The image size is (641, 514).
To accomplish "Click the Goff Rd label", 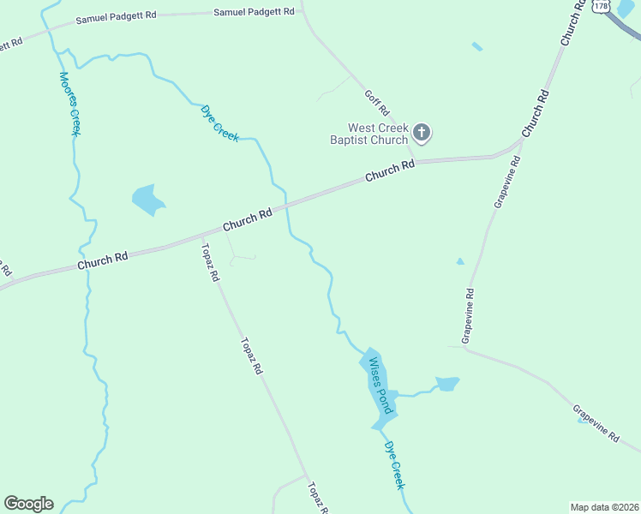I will [x=377, y=104].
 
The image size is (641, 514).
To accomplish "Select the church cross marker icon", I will [x=421, y=133].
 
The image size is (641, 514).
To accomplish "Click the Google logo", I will [x=28, y=504].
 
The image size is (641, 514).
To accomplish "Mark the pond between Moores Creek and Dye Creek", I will [x=147, y=200].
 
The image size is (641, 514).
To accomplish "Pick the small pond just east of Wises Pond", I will [x=447, y=383].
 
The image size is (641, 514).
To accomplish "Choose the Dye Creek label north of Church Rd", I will [x=219, y=122].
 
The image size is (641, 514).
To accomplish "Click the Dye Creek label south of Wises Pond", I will [x=393, y=465].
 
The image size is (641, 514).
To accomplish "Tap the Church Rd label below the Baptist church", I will [x=389, y=170].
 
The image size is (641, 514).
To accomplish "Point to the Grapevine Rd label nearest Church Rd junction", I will [x=507, y=182].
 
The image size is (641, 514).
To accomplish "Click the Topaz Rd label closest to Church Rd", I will [x=210, y=263].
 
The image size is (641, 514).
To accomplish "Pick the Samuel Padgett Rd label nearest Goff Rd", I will [x=254, y=12].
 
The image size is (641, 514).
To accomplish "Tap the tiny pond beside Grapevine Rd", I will [x=460, y=261].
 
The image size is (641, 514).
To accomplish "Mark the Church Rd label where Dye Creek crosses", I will [x=247, y=219].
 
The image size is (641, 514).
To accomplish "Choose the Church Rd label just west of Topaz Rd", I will [x=102, y=261].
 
